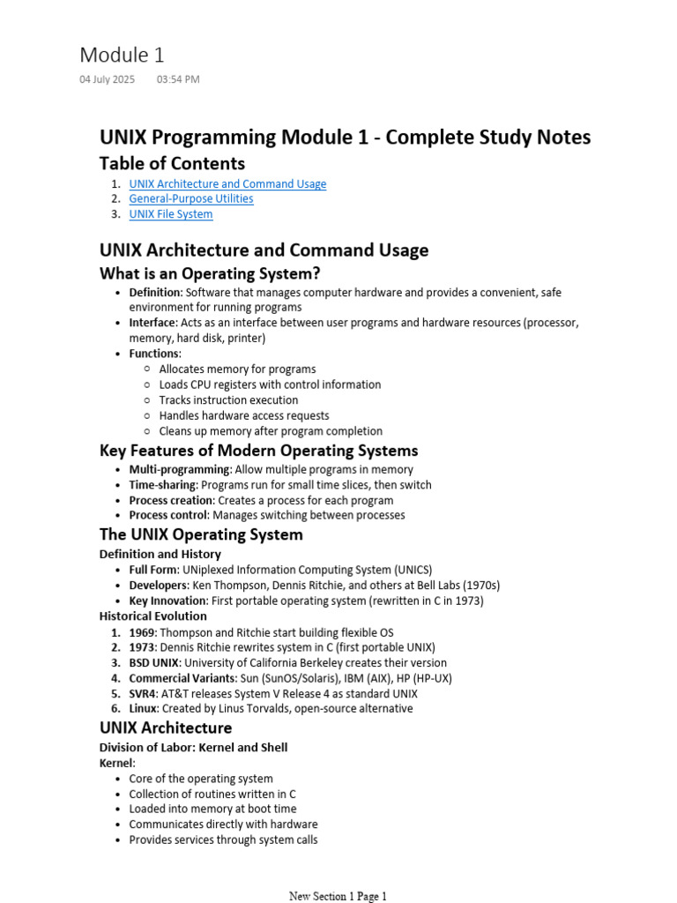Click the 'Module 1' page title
[x=122, y=55]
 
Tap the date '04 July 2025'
[x=108, y=79]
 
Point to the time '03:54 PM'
[x=178, y=79]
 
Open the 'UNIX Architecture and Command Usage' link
[x=227, y=183]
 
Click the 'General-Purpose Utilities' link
[x=191, y=198]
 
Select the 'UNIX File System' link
[x=171, y=214]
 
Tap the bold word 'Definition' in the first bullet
[x=155, y=292]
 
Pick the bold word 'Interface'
[x=153, y=323]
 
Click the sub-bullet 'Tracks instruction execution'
[x=228, y=400]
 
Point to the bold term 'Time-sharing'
[x=163, y=485]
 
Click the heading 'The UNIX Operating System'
[x=201, y=534]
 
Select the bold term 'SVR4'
[x=144, y=693]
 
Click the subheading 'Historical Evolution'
[x=153, y=616]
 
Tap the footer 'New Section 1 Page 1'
[x=338, y=896]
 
